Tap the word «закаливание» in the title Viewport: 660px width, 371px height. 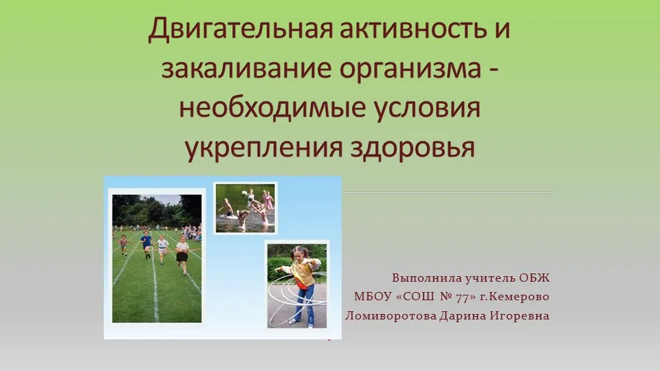coord(246,68)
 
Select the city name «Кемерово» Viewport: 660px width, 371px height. coord(520,297)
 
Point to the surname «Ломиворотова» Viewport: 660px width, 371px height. coord(391,315)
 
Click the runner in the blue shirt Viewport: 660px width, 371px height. coord(146,244)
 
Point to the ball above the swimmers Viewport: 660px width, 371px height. coord(244,193)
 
